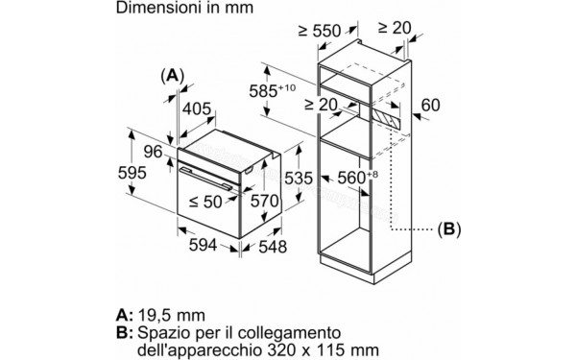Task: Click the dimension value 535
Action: pos(300,177)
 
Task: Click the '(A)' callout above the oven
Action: pos(172,75)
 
